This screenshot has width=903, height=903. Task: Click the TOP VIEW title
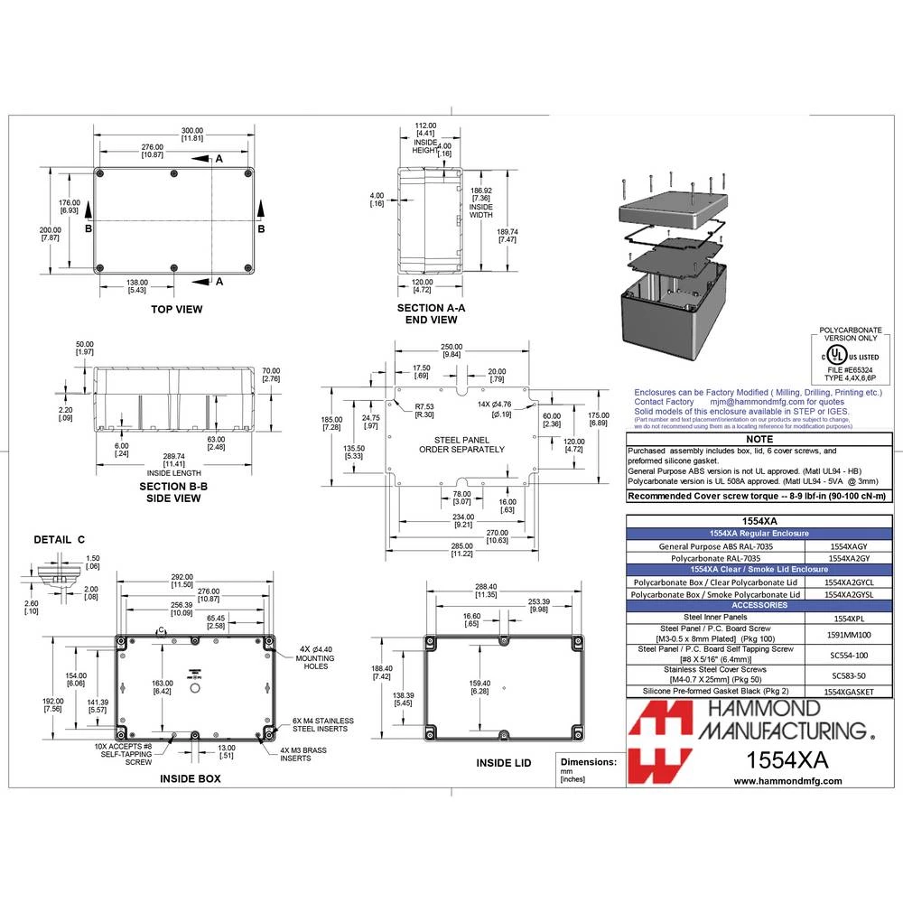coord(177,309)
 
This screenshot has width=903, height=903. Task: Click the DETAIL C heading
coord(59,539)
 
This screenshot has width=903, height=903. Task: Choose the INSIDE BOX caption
coord(190,777)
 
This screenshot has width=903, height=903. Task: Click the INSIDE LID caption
coord(504,763)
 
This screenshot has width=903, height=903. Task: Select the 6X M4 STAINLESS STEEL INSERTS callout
coord(323,725)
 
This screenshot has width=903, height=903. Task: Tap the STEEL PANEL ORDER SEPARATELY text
coord(461,443)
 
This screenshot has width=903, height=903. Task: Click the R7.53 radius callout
coord(424,410)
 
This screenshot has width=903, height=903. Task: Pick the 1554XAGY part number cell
coord(850,546)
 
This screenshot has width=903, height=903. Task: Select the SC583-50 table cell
coord(850,675)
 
